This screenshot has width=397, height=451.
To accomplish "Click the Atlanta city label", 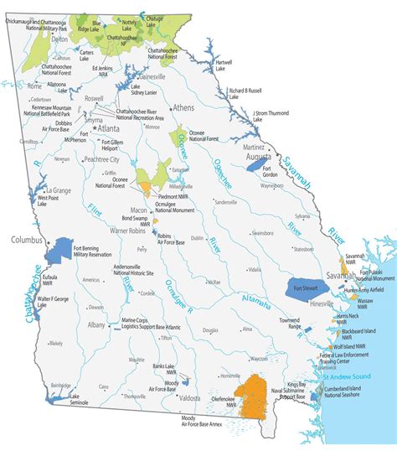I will pyautogui.click(x=109, y=129).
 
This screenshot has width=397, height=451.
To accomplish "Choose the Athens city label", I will pyautogui.click(x=183, y=108).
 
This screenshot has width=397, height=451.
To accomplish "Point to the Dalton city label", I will pyautogui.click(x=59, y=39).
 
